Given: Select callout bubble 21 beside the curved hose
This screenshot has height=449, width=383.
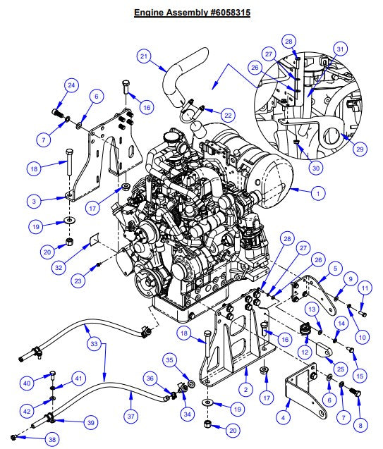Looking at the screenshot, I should pyautogui.click(x=144, y=56).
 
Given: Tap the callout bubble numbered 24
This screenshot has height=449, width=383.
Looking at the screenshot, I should pyautogui.click(x=71, y=86).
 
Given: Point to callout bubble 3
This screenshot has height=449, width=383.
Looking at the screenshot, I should pyautogui.click(x=44, y=202).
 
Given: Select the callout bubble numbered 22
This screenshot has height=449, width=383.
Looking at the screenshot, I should pyautogui.click(x=227, y=115).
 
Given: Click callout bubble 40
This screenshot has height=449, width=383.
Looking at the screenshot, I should pyautogui.click(x=28, y=383).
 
